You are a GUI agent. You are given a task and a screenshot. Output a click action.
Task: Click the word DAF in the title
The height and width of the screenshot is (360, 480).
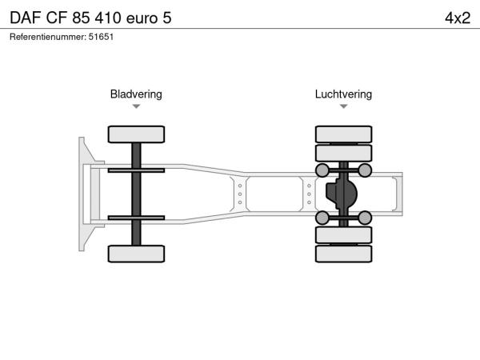click(26, 18)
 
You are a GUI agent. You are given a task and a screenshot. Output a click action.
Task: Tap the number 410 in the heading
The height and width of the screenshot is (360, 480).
click(108, 18)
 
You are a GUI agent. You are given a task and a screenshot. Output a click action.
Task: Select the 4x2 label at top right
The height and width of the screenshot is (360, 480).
click(458, 18)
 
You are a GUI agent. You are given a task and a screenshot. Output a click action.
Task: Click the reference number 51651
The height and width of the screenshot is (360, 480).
click(101, 37)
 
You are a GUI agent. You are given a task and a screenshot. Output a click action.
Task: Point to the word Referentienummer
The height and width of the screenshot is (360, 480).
click(48, 37)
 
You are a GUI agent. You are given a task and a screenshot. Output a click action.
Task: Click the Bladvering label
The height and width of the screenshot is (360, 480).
click(136, 94)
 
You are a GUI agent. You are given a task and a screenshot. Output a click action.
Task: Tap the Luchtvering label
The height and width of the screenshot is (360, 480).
click(343, 94)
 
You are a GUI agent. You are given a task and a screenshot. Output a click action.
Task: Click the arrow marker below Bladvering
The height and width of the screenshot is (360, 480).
click(136, 106)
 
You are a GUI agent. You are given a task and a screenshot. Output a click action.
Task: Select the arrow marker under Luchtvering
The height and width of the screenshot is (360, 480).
click(343, 106)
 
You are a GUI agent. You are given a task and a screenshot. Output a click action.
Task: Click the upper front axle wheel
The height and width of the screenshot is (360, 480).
click(136, 134)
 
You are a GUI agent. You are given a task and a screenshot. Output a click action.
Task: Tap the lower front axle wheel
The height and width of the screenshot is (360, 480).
click(136, 254)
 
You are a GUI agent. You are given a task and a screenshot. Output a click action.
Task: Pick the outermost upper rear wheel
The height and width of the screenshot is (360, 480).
click(343, 134)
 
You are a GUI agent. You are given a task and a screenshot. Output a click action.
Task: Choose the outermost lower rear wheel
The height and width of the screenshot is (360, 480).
click(343, 254)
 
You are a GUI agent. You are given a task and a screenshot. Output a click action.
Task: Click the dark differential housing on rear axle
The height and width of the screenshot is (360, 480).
click(342, 194)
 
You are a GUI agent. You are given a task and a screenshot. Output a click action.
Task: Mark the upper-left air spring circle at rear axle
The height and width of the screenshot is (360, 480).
click(322, 170)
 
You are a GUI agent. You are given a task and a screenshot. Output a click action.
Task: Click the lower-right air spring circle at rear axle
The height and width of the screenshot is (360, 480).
click(365, 218)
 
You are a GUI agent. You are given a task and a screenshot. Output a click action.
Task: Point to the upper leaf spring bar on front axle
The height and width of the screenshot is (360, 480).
click(136, 170)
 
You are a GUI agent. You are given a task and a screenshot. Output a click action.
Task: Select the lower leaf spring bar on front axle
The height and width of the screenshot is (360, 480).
click(136, 218)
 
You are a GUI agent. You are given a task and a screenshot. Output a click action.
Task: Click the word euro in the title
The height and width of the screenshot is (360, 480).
click(142, 18)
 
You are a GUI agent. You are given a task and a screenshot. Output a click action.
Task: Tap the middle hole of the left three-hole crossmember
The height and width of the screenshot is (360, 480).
click(240, 194)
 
